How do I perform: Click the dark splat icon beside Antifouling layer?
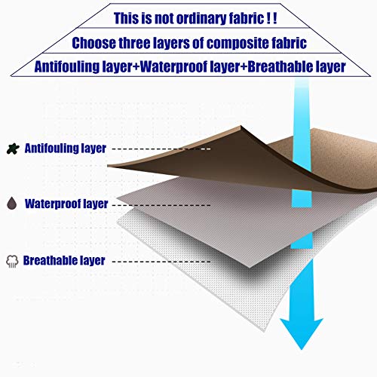[x=13, y=149]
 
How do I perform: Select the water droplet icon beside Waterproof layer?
[x=12, y=204]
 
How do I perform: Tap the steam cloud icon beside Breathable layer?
[x=12, y=262]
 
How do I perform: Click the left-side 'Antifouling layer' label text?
[x=66, y=149]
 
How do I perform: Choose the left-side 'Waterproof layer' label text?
[x=66, y=204]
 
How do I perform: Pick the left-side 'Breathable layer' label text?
[x=64, y=261]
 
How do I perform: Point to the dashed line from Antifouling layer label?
[x=161, y=149]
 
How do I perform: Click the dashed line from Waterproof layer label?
[x=161, y=205]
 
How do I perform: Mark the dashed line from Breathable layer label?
[x=161, y=262]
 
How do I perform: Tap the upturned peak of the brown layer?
[x=241, y=126]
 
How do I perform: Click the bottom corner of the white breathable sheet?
[x=264, y=331]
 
